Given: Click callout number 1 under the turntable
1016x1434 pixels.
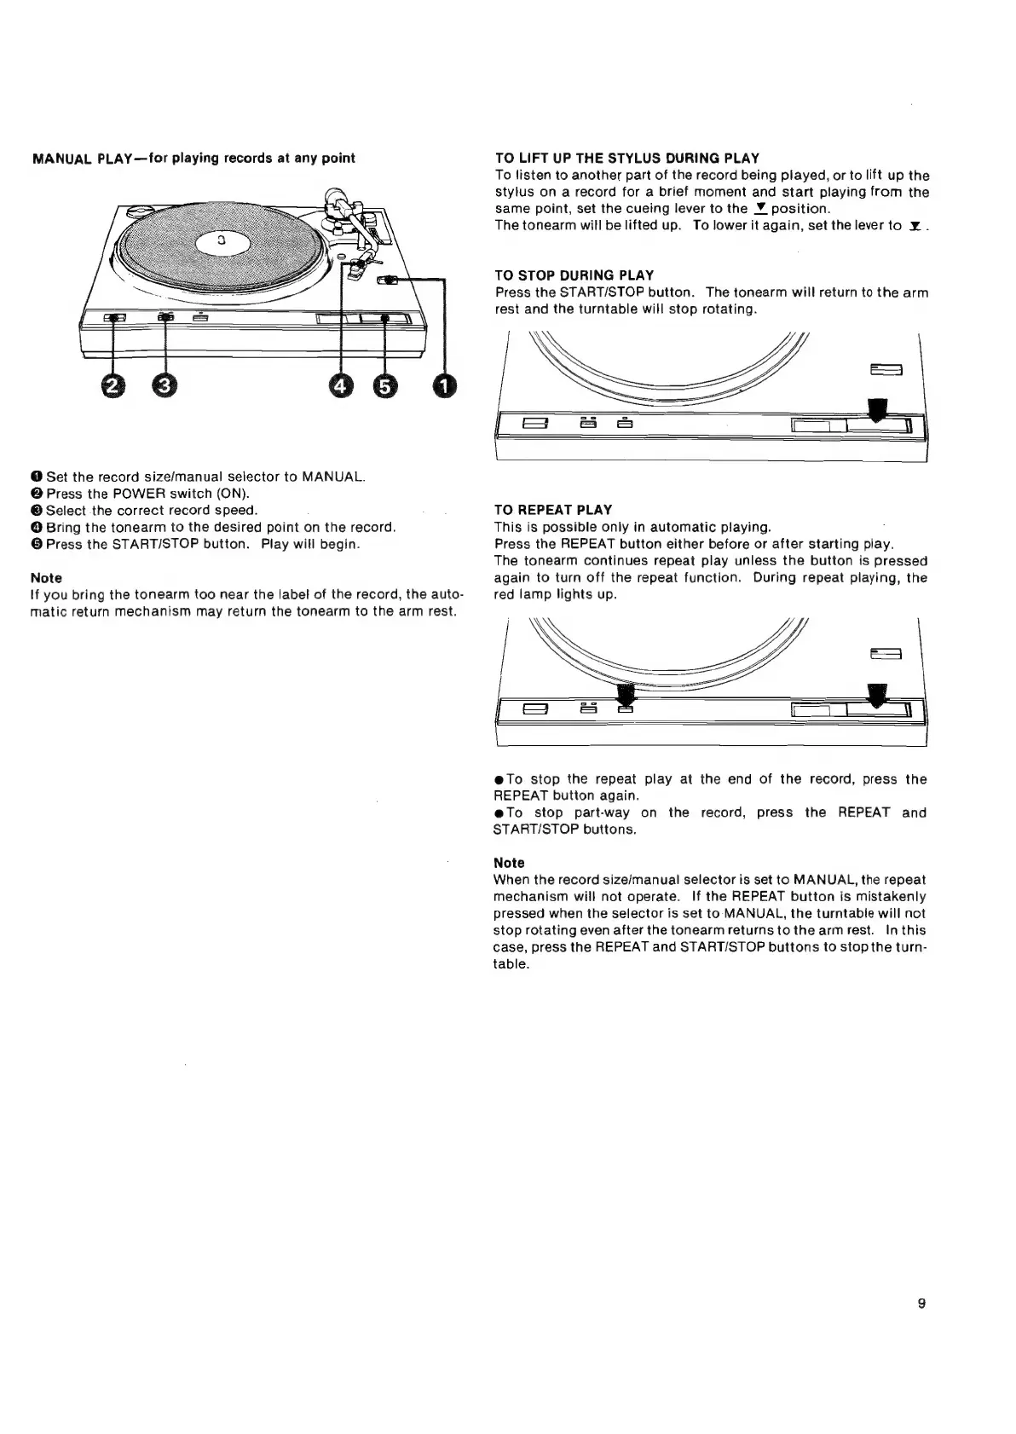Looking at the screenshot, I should click(x=444, y=386).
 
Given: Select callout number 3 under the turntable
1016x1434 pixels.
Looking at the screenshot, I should click(x=165, y=386).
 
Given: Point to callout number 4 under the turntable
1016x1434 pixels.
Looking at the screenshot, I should click(x=341, y=386).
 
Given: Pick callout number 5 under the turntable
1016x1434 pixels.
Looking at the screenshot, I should click(x=385, y=386).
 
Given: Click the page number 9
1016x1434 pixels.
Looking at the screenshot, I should click(x=921, y=1303).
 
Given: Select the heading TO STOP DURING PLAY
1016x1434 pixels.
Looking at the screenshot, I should click(x=574, y=275).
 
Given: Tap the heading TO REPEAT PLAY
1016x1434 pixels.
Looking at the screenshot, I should click(x=553, y=510).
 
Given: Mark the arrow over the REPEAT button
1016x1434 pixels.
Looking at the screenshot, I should click(x=626, y=694).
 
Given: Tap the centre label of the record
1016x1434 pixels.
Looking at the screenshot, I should click(x=221, y=242).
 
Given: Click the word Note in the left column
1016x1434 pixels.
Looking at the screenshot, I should click(x=46, y=578).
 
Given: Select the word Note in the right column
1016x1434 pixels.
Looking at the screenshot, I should click(x=509, y=863).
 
